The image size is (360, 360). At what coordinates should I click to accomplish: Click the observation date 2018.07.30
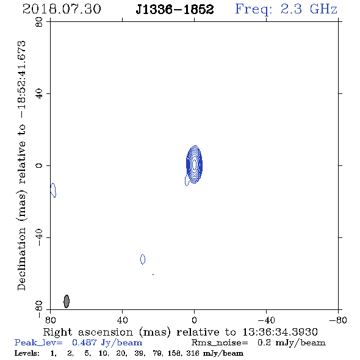coord(62,9)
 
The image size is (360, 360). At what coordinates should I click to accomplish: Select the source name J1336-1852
coord(175,10)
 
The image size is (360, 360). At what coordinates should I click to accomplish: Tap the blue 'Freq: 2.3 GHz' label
coord(286,10)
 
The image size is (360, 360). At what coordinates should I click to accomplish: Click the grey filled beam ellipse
coord(67,301)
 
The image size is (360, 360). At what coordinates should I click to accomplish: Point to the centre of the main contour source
coord(195,165)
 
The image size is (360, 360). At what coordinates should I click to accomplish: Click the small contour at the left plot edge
coord(53,190)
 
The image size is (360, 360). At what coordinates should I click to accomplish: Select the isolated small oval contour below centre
coord(143,259)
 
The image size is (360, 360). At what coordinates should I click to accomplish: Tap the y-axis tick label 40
coord(39,94)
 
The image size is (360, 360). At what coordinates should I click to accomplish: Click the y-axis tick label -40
coord(39,237)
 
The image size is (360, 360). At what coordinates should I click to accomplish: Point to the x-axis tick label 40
coord(123,320)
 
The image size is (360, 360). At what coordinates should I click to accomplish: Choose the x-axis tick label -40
coord(266,320)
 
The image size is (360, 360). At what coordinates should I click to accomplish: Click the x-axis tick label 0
coord(194,320)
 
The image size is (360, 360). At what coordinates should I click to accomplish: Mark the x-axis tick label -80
coord(338,320)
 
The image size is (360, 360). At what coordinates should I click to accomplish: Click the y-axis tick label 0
coord(39,165)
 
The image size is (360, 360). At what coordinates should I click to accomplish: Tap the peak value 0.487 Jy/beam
coord(107,342)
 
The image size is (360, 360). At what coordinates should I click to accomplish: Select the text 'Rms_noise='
coord(220,342)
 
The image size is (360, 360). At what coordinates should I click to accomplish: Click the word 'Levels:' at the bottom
coord(27,353)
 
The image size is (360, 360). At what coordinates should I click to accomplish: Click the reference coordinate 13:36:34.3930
coord(280,332)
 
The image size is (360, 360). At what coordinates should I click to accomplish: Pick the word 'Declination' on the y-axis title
coord(21,259)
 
